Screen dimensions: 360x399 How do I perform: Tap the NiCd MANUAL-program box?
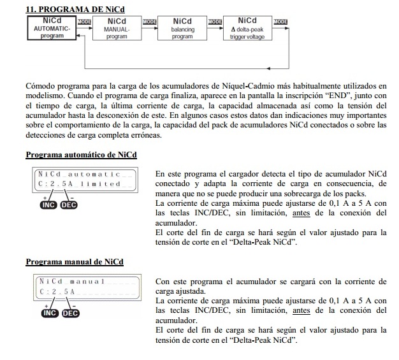(x=117, y=29)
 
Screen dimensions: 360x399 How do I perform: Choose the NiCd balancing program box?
(x=182, y=29)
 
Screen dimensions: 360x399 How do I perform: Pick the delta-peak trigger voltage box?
(x=247, y=29)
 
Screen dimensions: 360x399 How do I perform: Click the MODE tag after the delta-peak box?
(x=280, y=22)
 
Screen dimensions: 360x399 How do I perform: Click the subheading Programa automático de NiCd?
(x=81, y=155)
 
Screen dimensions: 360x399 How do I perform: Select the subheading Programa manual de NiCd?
(x=75, y=262)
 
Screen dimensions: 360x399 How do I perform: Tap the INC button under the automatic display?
(x=48, y=205)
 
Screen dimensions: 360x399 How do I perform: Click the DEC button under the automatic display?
(x=69, y=205)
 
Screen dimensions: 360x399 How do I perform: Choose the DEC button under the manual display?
(x=69, y=313)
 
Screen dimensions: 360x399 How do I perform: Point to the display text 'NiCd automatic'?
(x=79, y=174)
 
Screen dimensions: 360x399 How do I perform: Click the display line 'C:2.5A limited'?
(x=79, y=184)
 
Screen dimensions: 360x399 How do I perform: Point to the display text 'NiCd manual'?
(x=71, y=281)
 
